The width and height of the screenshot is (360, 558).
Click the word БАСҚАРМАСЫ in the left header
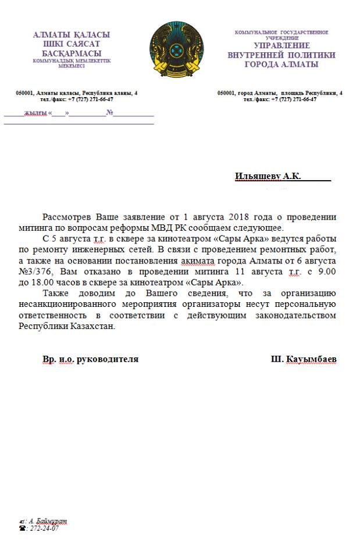coord(72,53)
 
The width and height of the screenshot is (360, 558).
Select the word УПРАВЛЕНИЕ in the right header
coord(281,45)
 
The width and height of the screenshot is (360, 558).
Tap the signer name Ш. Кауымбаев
coord(303,359)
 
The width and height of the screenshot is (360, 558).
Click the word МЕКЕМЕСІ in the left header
coord(72,66)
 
